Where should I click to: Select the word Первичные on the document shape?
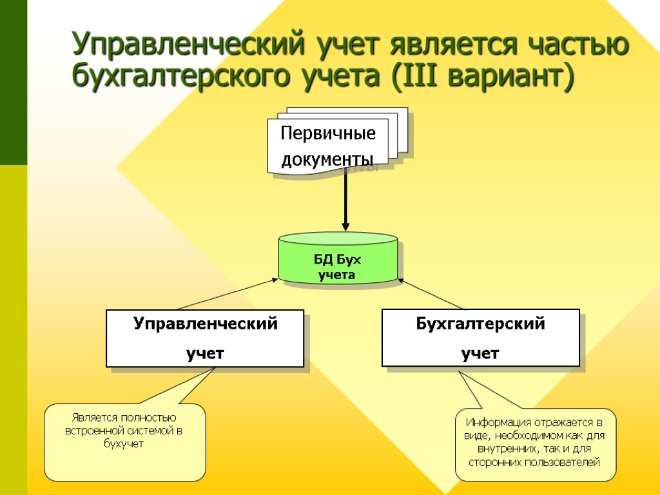click(x=328, y=134)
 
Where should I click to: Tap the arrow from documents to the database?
click(x=346, y=200)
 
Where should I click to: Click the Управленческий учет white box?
click(x=205, y=338)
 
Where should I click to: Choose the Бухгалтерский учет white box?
click(x=480, y=338)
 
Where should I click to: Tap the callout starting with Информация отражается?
click(x=535, y=445)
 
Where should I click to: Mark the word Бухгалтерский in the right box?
click(x=480, y=324)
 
